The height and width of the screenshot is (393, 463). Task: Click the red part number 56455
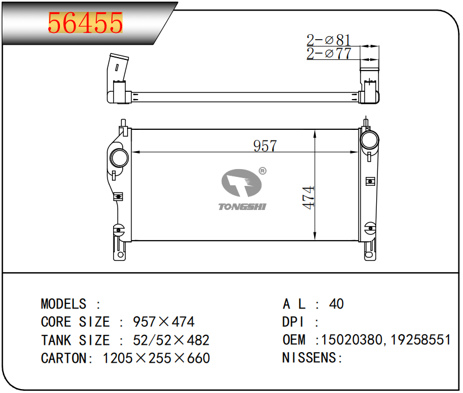[x=85, y=23]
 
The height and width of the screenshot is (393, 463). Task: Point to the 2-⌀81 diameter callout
[x=328, y=40]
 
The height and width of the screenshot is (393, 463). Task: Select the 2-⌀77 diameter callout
[x=329, y=53]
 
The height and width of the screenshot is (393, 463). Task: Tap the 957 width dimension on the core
[x=265, y=146]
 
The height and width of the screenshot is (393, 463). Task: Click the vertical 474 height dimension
[x=308, y=198]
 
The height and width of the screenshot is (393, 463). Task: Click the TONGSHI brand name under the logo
[x=242, y=207]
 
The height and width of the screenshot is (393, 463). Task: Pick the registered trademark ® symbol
[x=262, y=171]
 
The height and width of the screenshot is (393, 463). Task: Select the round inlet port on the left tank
[x=119, y=158]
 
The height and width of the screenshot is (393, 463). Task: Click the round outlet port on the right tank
[x=369, y=139]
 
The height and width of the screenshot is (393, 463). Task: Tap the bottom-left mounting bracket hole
[x=120, y=255]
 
